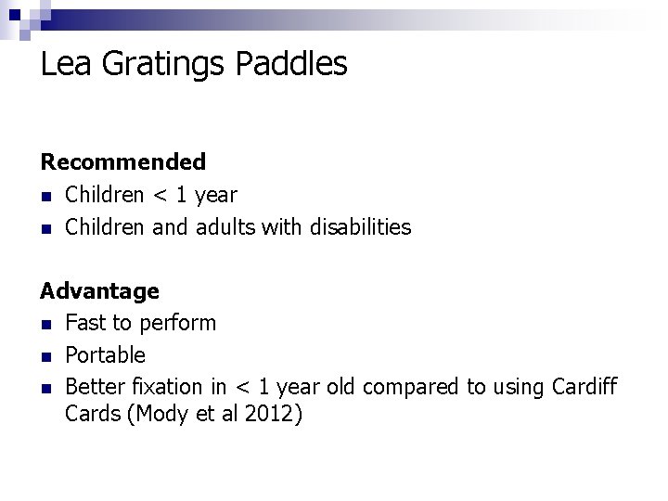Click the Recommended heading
123,162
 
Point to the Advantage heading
99,291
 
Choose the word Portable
105,355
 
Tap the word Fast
85,323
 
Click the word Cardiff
583,387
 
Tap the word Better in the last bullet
94,387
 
